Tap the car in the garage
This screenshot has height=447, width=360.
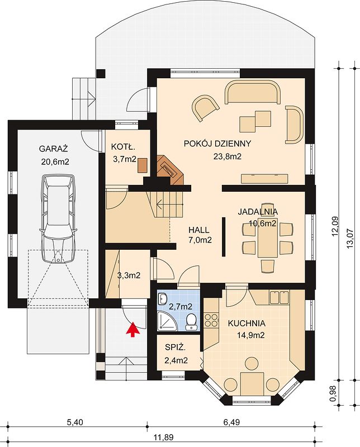click(58, 218)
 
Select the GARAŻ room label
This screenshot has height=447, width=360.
click(53, 149)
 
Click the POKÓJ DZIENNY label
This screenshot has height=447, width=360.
click(217, 144)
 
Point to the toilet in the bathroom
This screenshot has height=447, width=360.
click(191, 322)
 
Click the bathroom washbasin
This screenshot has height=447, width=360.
click(163, 299)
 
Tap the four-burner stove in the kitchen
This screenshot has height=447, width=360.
click(211, 320)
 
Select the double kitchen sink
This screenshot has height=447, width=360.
click(279, 297)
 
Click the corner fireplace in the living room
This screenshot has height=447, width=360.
click(169, 170)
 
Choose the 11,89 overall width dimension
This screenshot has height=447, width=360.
click(163, 437)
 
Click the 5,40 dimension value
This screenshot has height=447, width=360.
click(75, 422)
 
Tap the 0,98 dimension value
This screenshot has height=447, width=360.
click(335, 393)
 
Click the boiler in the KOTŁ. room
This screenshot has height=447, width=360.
click(143, 165)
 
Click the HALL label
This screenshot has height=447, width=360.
click(198, 230)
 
